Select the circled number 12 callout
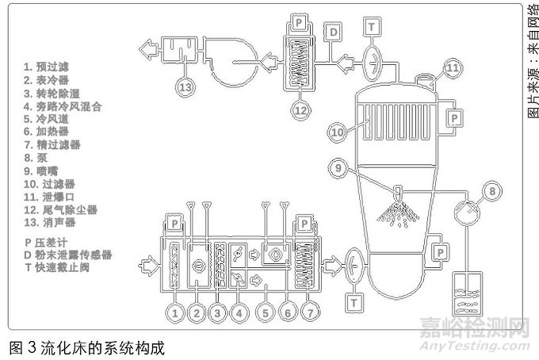(x=300, y=110)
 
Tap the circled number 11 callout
(x=451, y=69)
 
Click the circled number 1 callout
(x=175, y=314)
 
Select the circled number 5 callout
(x=268, y=314)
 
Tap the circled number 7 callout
(x=312, y=314)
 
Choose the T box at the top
(x=372, y=26)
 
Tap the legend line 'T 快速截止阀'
(x=67, y=268)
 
